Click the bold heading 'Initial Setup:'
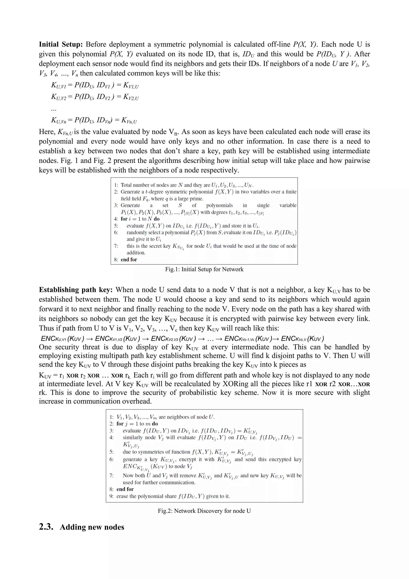61,44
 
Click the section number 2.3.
46,527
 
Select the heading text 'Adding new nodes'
92,527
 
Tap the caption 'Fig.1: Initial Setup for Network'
204,269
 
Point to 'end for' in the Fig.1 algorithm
129,259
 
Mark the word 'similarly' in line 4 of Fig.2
132,437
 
